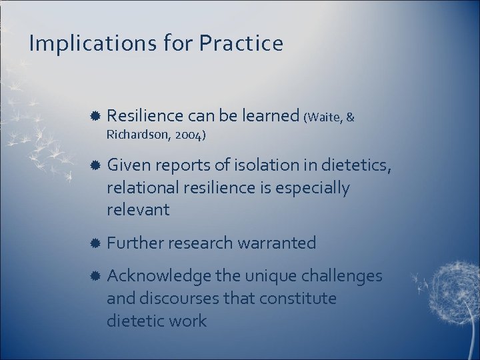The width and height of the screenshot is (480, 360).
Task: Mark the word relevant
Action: (138, 210)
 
